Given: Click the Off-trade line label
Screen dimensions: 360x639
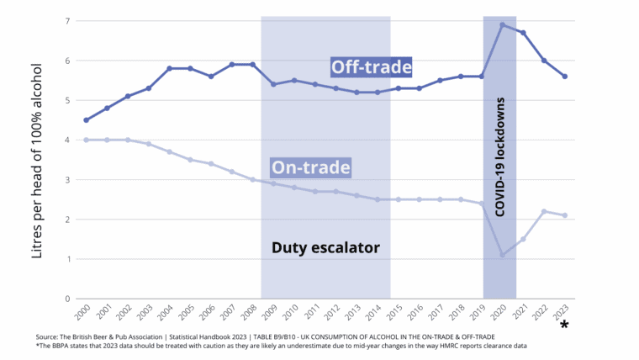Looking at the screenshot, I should tap(371, 66).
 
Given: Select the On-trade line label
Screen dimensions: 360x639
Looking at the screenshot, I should tap(309, 167).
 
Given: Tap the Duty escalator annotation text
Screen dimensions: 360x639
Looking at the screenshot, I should tap(326, 247).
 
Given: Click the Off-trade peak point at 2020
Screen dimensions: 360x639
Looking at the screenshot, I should tap(503, 24).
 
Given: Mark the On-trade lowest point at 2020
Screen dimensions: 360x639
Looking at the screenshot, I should tap(503, 255).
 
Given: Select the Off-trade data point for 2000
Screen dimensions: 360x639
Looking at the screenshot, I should tap(87, 120).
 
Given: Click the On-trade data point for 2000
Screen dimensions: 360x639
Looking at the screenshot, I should tap(87, 140).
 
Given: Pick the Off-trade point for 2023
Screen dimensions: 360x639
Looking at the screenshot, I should tap(565, 77).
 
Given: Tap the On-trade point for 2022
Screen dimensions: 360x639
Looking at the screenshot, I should tap(544, 211).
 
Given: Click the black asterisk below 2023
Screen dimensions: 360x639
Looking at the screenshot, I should tap(564, 326).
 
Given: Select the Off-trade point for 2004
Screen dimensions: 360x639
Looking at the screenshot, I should tap(170, 68).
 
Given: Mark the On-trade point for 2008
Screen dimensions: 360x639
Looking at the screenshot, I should tap(253, 179).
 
